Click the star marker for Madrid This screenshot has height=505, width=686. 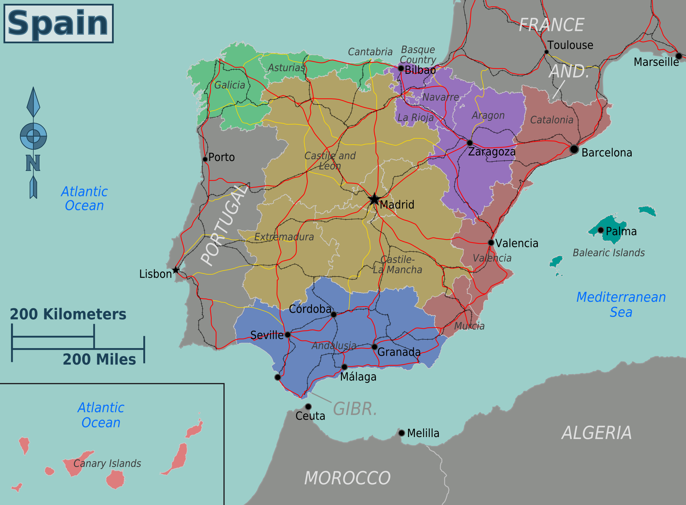click(374, 199)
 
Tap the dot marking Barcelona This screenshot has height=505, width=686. click(574, 149)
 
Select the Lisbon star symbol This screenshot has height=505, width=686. click(176, 270)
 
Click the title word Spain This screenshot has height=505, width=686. click(58, 23)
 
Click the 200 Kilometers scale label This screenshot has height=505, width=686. click(68, 314)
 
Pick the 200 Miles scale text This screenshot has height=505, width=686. click(99, 359)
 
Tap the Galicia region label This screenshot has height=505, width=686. click(230, 85)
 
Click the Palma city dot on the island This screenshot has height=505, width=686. click(600, 230)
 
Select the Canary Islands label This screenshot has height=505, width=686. click(107, 463)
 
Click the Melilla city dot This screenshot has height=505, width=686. click(401, 433)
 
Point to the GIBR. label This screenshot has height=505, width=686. click(355, 409)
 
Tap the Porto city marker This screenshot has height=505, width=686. click(205, 159)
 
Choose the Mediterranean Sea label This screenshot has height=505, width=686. click(621, 305)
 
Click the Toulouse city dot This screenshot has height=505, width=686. click(546, 52)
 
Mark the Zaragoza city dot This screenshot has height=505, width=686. click(470, 143)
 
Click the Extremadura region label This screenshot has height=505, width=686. click(284, 237)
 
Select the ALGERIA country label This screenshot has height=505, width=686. click(597, 433)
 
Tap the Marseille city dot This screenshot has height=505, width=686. click(679, 56)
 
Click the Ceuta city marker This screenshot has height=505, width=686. click(308, 406)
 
